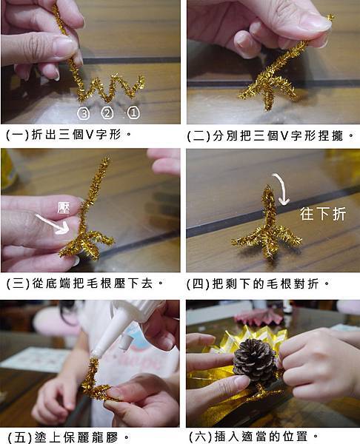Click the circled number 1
pos(133,112)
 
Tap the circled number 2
pos(107,113)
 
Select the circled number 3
pos(84,114)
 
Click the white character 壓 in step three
pos(64,207)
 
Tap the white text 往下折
pos(323,214)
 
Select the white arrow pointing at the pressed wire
pos(53,225)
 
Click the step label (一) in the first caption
pos(18,135)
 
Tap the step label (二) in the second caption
pos(198,136)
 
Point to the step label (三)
pos(18,283)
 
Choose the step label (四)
pos(198,283)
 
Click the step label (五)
pos(19,437)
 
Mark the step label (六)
pos(200,437)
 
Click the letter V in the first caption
pos(90,135)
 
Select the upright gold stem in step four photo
pos(268,209)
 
